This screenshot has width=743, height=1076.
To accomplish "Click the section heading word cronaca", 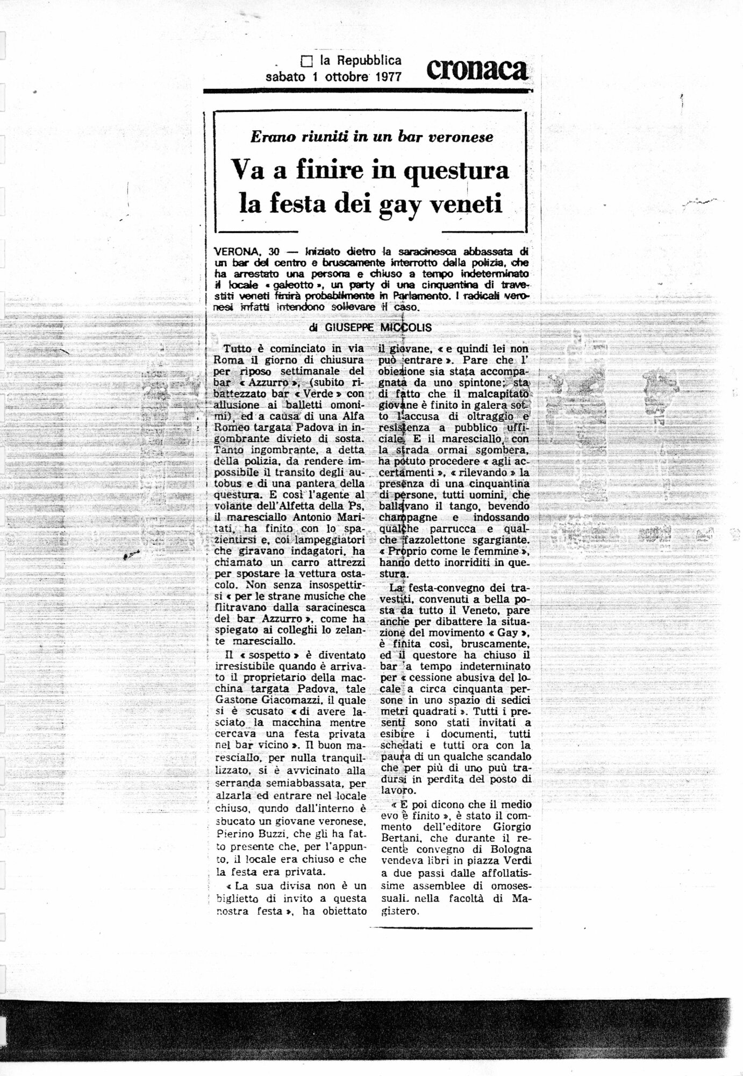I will (477, 70).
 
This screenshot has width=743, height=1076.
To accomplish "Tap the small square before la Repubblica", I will (307, 62).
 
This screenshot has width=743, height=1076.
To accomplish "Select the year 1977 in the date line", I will (384, 76).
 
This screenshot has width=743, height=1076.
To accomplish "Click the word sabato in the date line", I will (286, 76).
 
